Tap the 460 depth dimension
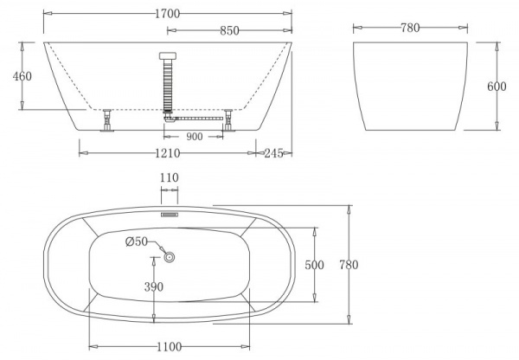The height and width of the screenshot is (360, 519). point(22,75)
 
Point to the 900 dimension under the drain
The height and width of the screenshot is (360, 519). point(194,136)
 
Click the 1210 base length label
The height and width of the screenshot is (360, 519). point(168,153)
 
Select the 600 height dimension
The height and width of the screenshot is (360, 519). point(497,87)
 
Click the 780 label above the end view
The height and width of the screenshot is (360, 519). point(409,28)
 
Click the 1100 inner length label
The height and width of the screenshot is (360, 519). point(169,346)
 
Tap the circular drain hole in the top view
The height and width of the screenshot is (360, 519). point(170,256)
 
